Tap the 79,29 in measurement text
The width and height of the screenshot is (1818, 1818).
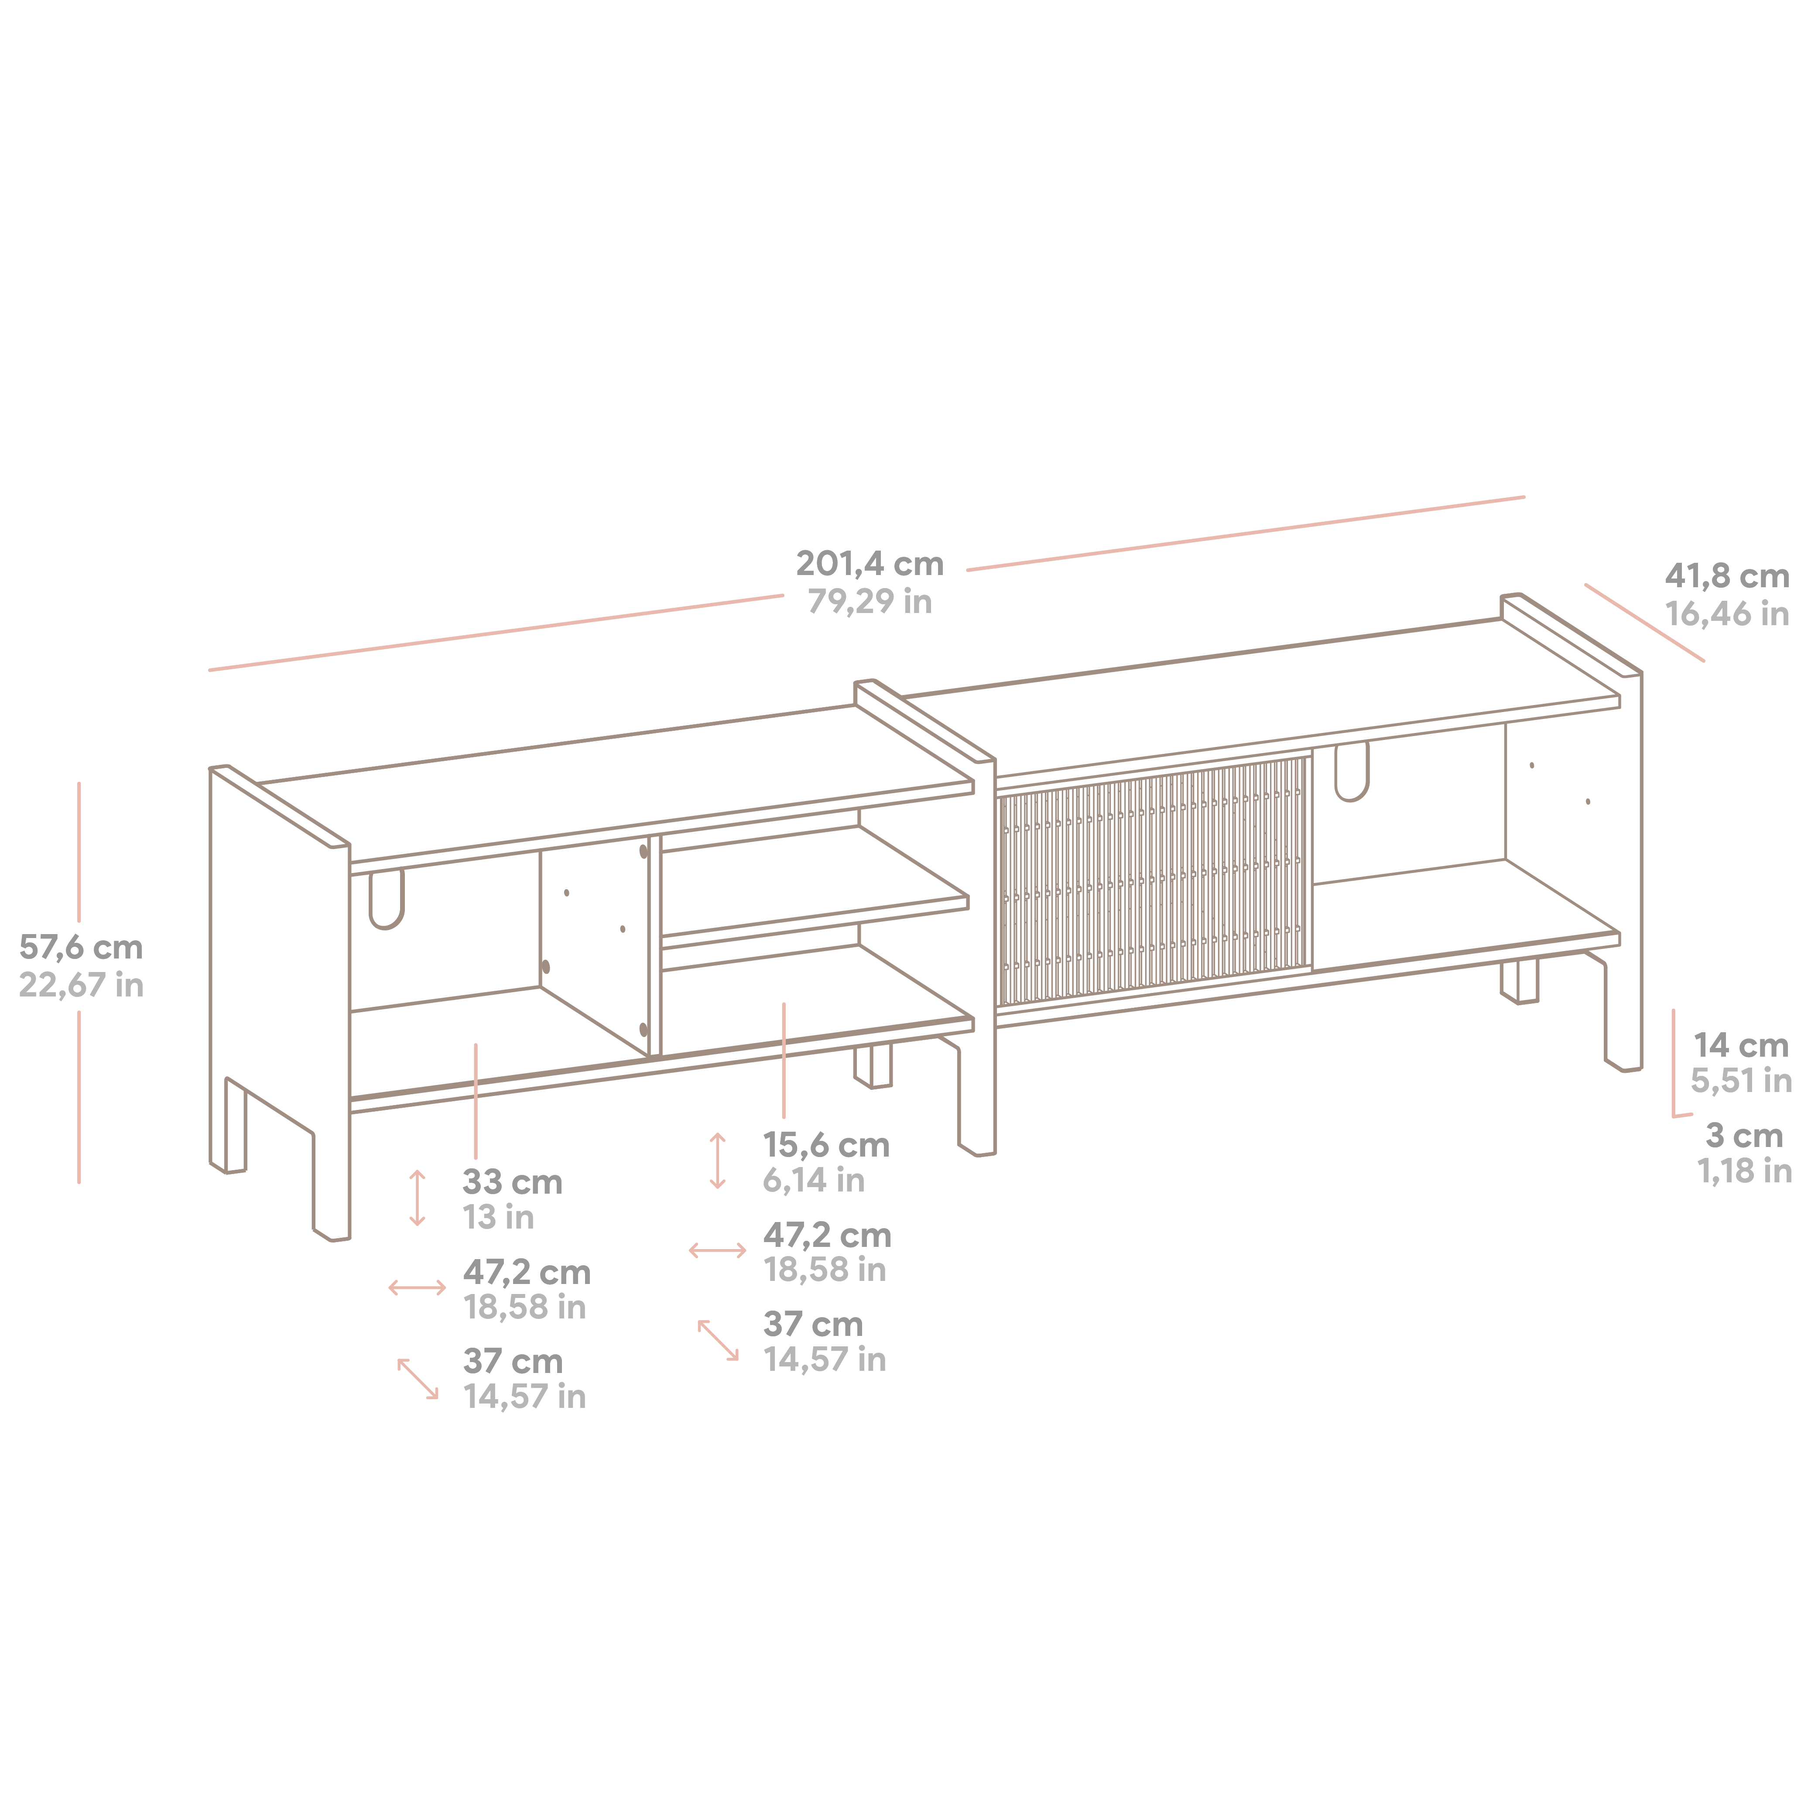click(x=870, y=601)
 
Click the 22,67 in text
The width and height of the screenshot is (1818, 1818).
click(x=81, y=985)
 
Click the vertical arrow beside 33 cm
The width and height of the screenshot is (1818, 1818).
click(x=418, y=1198)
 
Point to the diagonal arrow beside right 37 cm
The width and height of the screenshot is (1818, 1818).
click(x=718, y=1340)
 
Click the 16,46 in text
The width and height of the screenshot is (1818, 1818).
click(x=1727, y=614)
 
